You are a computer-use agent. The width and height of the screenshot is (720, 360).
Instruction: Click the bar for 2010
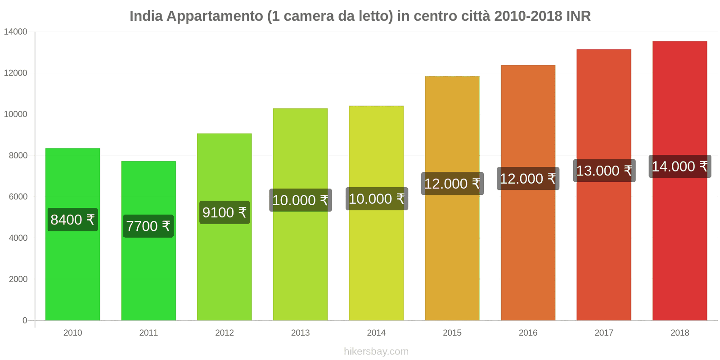(72, 270)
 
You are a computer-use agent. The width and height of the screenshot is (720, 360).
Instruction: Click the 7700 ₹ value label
(148, 226)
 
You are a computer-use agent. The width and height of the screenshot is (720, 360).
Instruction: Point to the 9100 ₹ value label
(224, 212)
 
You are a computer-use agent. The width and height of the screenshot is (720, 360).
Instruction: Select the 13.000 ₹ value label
(604, 171)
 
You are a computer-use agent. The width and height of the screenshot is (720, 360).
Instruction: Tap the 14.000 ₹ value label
(679, 166)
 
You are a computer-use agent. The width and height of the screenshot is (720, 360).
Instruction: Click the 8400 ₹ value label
(72, 220)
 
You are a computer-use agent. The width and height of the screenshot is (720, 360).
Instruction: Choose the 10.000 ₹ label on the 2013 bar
(300, 200)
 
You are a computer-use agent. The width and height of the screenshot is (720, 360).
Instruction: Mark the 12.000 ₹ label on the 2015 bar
(452, 184)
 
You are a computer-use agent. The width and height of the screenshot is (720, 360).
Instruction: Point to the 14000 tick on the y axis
(16, 32)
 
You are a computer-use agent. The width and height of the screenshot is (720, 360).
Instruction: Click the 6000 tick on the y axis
(18, 197)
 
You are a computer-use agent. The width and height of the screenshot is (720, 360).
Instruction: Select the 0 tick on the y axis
(25, 320)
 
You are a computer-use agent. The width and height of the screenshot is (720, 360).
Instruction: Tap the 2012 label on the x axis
(224, 333)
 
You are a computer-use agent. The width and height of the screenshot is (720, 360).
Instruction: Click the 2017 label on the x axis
(604, 333)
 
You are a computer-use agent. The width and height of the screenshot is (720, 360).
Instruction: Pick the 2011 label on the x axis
(148, 333)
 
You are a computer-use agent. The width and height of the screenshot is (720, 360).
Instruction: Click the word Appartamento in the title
(215, 16)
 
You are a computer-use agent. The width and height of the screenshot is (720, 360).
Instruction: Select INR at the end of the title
(578, 16)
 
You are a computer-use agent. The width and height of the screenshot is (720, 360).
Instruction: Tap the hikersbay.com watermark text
(376, 351)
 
